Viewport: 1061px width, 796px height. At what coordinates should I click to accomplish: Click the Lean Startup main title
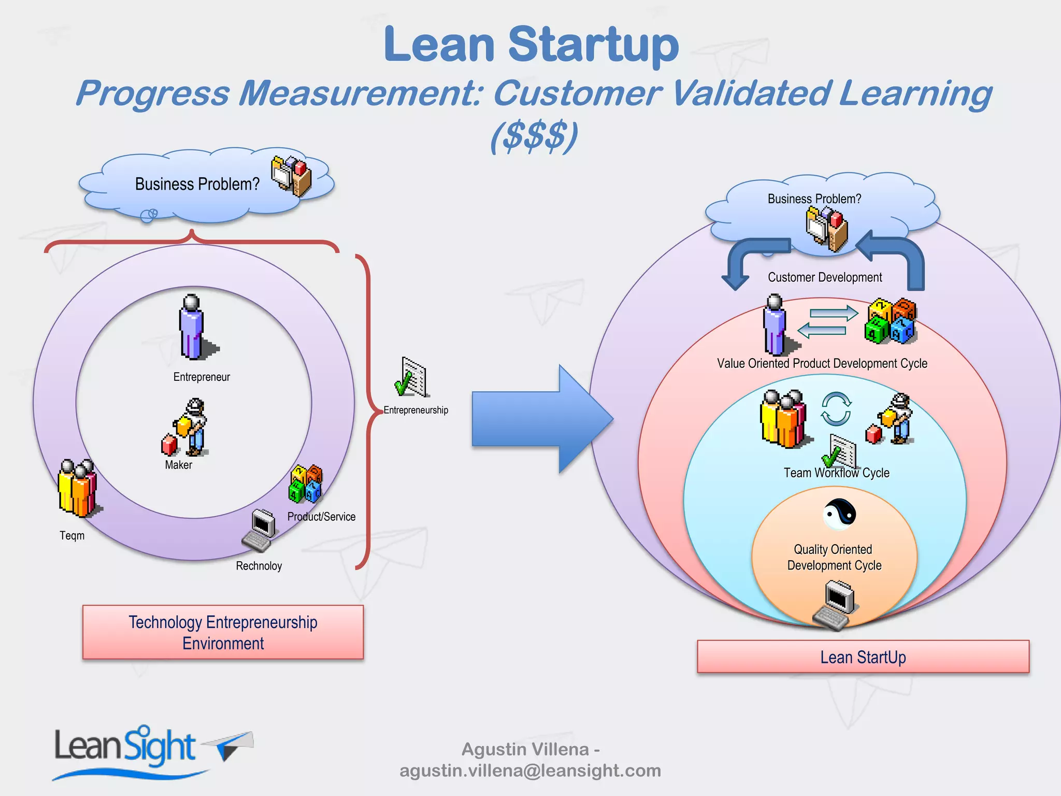(531, 46)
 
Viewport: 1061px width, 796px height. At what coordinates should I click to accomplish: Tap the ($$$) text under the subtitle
(534, 136)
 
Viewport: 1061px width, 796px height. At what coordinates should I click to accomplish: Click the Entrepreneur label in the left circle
(202, 377)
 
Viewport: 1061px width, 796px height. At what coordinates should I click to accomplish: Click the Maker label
(178, 465)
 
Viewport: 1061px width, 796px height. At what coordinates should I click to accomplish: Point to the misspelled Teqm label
(72, 535)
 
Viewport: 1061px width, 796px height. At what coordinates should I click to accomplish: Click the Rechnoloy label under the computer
(259, 566)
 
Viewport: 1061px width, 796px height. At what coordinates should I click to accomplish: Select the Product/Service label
(321, 517)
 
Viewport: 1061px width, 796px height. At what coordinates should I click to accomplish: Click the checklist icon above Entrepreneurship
(412, 377)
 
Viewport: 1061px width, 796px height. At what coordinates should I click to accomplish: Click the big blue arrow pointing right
(539, 419)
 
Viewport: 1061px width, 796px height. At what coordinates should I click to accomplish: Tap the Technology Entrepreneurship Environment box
(223, 632)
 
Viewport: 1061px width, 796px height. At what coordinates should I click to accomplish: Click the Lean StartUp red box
(863, 657)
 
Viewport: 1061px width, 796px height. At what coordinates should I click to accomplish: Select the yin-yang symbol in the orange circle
(839, 514)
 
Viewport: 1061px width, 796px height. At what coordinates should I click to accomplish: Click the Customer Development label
(825, 277)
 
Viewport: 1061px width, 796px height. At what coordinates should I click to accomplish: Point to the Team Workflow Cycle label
(836, 473)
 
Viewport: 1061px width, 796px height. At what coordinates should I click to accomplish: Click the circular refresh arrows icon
(836, 409)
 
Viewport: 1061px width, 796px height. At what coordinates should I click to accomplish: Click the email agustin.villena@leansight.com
(530, 771)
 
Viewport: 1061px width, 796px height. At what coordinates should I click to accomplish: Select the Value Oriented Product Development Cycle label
(822, 363)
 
